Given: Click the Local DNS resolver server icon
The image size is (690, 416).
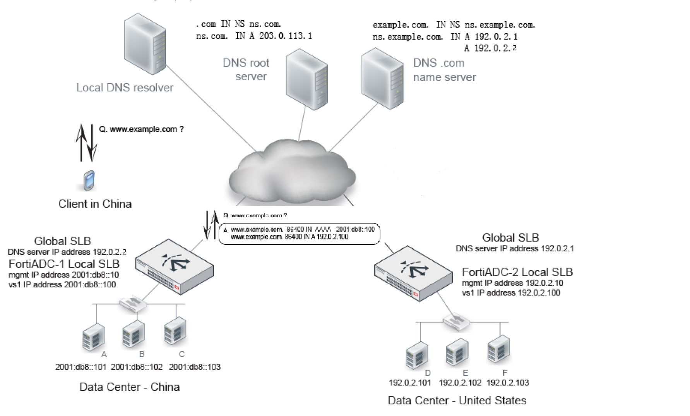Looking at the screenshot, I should point(145,44).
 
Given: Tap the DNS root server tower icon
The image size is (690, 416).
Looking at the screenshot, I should point(306,79).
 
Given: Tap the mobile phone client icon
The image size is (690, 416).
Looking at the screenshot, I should point(89,181).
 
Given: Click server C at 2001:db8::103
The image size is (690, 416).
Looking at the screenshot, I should point(175,331).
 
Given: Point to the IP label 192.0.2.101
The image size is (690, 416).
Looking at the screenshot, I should point(409,383).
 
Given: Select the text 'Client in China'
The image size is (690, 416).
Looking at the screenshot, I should point(95,204).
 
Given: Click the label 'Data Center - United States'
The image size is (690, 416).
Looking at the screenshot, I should point(457,400).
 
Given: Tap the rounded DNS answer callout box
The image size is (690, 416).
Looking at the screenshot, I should point(300,234).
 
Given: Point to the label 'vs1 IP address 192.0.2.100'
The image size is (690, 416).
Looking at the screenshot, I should point(511,292).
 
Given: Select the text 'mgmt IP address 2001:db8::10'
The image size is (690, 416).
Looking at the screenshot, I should point(63,275).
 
